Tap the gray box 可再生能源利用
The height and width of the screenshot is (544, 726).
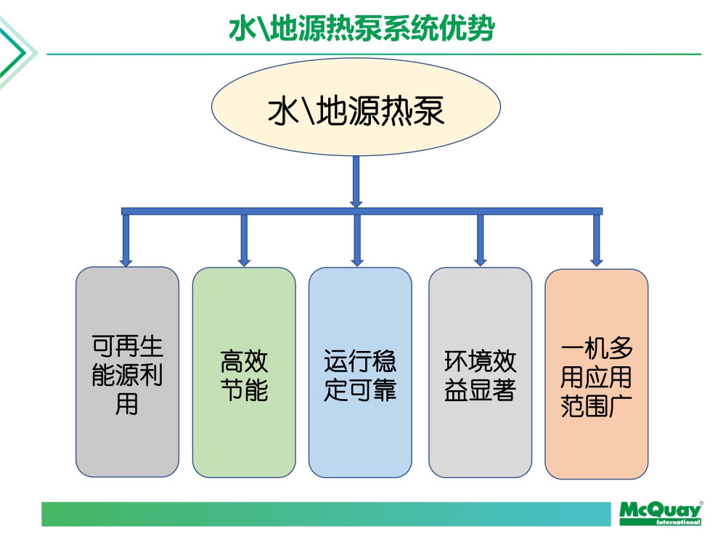point(127,371)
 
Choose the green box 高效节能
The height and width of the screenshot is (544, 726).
point(244,372)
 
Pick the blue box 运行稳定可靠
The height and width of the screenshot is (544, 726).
point(360,372)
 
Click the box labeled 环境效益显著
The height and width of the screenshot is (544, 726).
point(480,372)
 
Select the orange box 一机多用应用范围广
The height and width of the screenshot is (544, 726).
point(596,374)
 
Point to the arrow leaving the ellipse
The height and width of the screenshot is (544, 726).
point(356,181)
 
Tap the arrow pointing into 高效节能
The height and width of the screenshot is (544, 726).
point(244,239)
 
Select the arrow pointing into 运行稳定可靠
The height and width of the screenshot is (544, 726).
point(357,239)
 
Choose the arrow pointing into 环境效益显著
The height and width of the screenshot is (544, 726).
point(480,239)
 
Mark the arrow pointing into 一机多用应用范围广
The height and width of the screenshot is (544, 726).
point(596,239)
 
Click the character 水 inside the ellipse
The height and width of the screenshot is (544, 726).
point(283,112)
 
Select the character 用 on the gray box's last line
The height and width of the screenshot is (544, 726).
point(127,403)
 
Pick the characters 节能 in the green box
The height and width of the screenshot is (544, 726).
point(244,390)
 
